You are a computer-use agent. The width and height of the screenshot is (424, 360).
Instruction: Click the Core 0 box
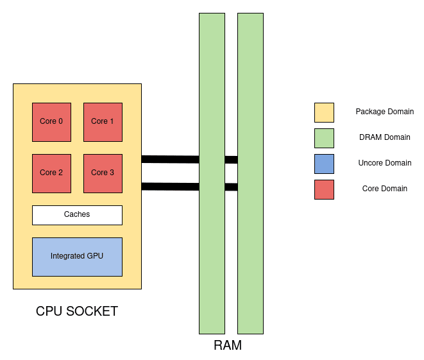[51, 122]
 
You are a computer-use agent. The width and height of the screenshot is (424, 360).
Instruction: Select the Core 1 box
[103, 122]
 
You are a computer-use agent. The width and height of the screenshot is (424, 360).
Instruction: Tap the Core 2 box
[51, 173]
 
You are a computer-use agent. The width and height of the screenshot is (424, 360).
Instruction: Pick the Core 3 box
[103, 173]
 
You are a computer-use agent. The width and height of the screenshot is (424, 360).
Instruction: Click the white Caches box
[77, 215]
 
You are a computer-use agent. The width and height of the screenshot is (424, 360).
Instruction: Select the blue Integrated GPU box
[77, 257]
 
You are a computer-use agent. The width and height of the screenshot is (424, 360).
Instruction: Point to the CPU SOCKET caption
[77, 312]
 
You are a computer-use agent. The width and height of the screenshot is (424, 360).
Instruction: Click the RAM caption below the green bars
[228, 346]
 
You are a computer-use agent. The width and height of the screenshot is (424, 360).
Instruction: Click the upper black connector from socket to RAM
[170, 159]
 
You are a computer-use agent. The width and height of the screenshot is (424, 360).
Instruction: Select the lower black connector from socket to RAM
[170, 187]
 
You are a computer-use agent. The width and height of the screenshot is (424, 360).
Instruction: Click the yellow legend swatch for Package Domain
[324, 112]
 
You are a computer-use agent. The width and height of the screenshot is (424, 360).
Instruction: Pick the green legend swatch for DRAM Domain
[324, 138]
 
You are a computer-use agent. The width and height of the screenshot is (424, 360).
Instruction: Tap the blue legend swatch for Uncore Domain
[324, 164]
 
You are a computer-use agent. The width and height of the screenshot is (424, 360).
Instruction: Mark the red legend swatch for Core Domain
[324, 189]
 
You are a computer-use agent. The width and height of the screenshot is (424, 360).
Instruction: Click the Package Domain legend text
[384, 112]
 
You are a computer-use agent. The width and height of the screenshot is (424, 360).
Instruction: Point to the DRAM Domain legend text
[384, 137]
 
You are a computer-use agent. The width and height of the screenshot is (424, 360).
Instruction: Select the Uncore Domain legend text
[384, 163]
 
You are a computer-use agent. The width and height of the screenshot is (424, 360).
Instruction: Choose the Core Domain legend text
[384, 189]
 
